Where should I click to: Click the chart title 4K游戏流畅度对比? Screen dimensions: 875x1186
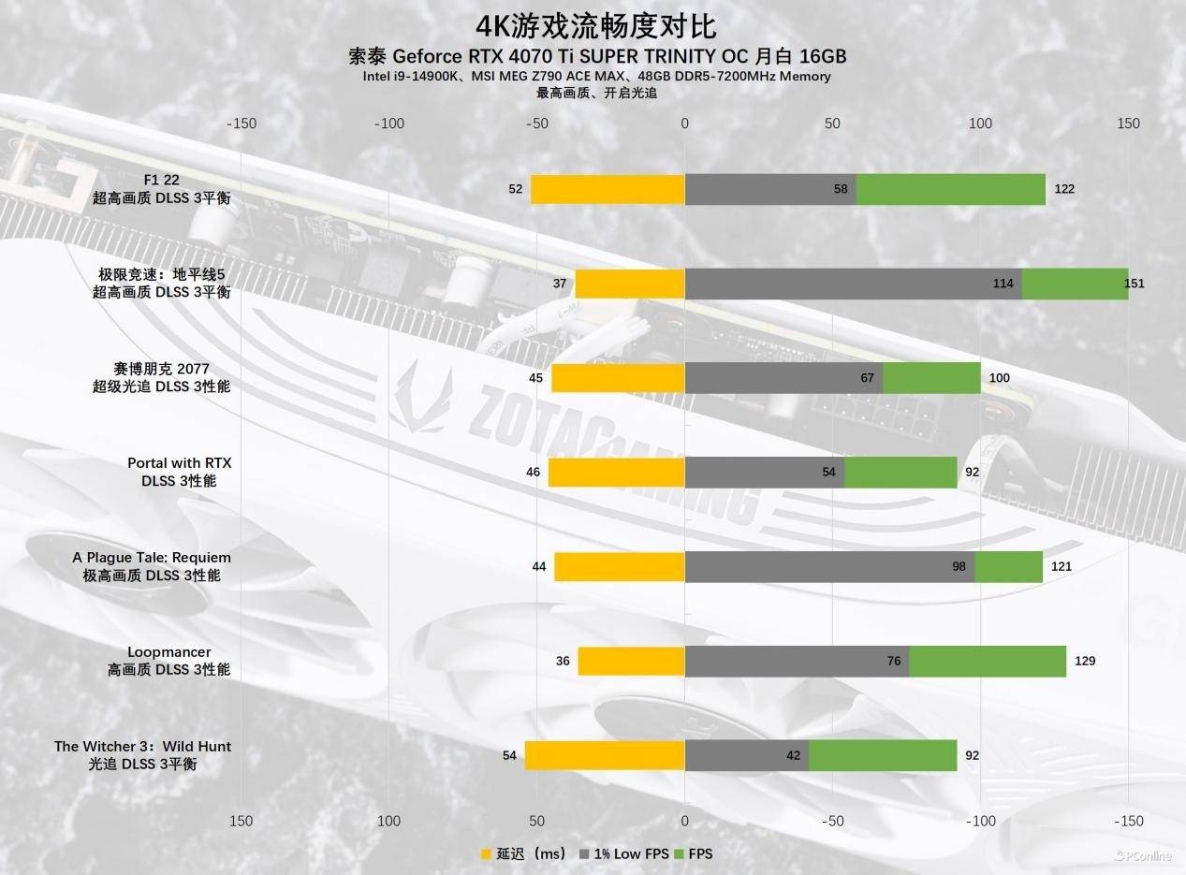[x=597, y=24]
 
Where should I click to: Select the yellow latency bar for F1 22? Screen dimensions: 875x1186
[x=608, y=189]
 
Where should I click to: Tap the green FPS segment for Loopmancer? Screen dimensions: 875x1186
[x=988, y=662]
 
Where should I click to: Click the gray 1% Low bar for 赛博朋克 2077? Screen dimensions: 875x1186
[x=783, y=378]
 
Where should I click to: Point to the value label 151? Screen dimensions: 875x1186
[x=1135, y=284]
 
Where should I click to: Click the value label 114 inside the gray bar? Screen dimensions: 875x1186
[x=1003, y=284]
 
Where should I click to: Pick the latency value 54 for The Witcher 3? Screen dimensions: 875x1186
[x=510, y=755]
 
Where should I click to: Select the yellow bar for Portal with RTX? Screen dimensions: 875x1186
[x=616, y=473]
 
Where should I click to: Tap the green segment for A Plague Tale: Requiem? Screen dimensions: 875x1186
[x=1008, y=567]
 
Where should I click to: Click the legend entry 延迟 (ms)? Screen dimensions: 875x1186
[x=523, y=853]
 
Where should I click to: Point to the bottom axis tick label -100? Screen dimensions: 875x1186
[x=980, y=821]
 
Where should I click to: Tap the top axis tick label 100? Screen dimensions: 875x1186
[x=980, y=124]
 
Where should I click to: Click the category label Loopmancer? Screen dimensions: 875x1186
[x=169, y=652]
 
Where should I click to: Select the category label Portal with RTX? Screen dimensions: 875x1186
[x=179, y=463]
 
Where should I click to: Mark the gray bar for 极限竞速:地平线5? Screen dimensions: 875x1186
[x=853, y=284]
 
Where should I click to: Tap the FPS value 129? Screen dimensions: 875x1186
[x=1084, y=662]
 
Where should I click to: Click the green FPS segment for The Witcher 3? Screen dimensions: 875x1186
[x=883, y=756]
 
